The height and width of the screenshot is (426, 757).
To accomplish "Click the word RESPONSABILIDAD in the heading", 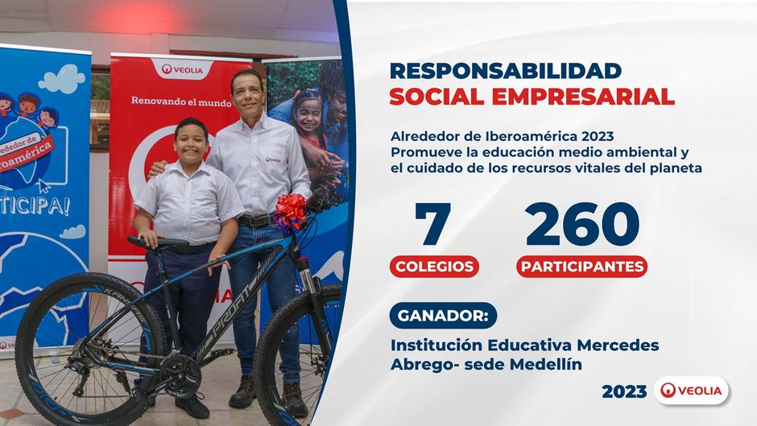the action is pyautogui.click(x=506, y=71).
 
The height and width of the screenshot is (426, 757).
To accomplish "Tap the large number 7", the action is pyautogui.click(x=432, y=223).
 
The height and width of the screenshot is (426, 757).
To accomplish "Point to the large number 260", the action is pyautogui.click(x=582, y=224).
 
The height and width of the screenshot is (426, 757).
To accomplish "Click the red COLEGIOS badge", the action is pyautogui.click(x=434, y=266).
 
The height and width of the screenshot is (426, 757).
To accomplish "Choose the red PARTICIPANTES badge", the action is pyautogui.click(x=581, y=266).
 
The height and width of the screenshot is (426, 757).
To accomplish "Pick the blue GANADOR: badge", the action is pyautogui.click(x=443, y=316).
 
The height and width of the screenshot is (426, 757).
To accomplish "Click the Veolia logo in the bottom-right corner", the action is pyautogui.click(x=691, y=391).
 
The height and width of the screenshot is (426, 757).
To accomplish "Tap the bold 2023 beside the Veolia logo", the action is pyautogui.click(x=624, y=391).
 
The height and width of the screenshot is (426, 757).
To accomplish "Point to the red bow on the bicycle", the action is pyautogui.click(x=290, y=212).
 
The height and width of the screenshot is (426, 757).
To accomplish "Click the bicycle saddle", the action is pyautogui.click(x=157, y=242).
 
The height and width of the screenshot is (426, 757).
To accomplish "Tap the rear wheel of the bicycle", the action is pyautogui.click(x=90, y=349).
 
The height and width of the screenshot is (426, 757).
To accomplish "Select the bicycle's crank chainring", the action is pyautogui.click(x=181, y=375).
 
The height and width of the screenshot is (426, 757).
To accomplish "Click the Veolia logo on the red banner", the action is pyautogui.click(x=182, y=70).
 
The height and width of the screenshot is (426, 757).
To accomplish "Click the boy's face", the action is pyautogui.click(x=191, y=144).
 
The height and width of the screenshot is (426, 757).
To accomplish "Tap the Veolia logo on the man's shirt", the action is pyautogui.click(x=273, y=159).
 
